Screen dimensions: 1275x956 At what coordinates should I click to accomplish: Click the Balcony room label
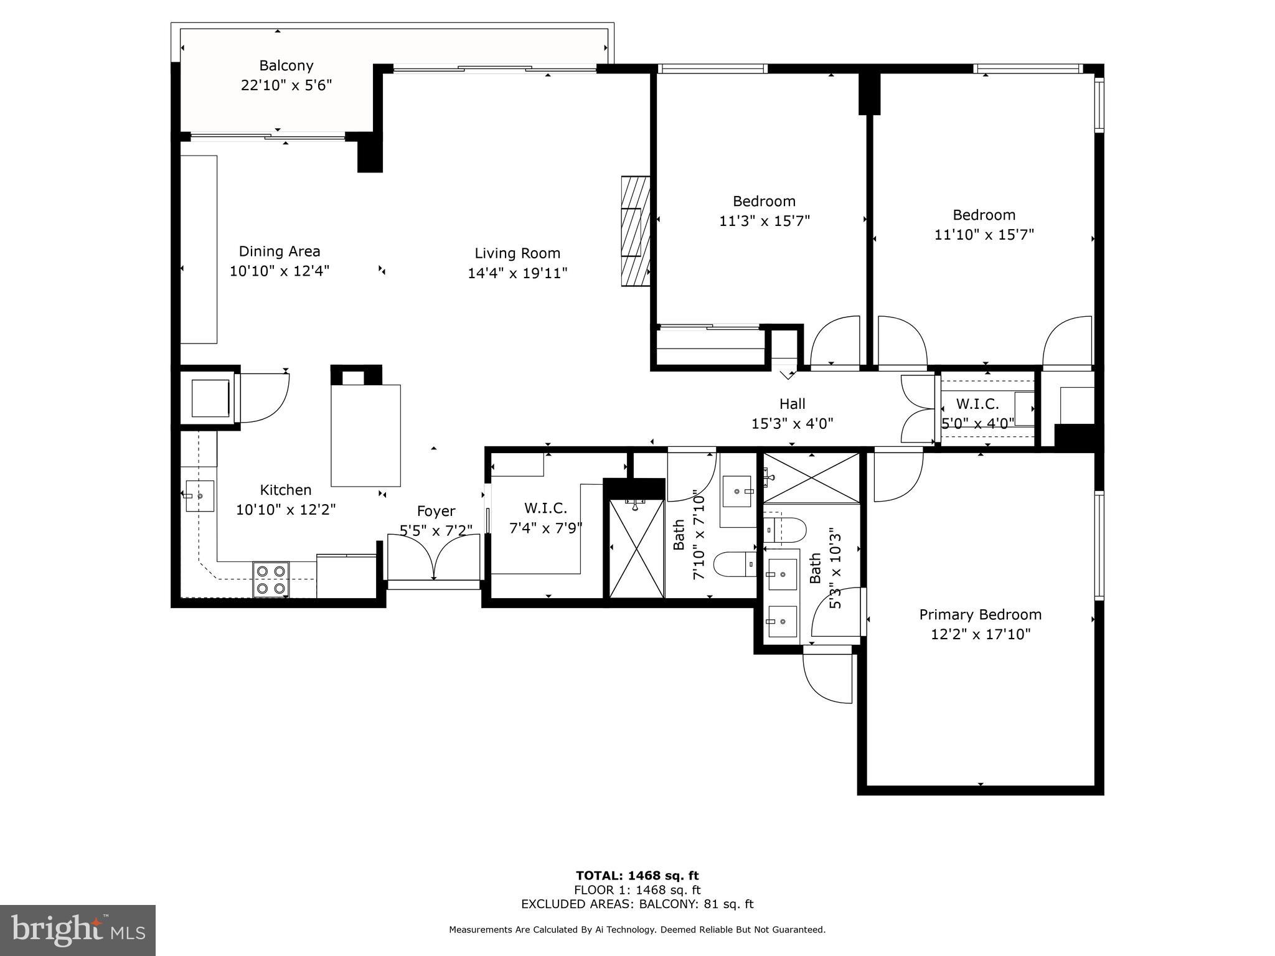coord(286,65)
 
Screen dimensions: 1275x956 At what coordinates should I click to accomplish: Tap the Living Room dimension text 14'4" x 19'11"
coord(517,273)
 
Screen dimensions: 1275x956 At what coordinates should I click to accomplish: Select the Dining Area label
coord(280,251)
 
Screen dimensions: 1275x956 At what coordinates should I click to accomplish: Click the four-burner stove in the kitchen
coord(271,579)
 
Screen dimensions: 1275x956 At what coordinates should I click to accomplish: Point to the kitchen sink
coord(200,496)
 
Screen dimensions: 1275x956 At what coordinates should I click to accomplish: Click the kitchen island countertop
coord(365,435)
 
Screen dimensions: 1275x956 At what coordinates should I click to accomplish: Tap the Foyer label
coord(436,511)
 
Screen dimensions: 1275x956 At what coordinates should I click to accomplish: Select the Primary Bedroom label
coord(981,614)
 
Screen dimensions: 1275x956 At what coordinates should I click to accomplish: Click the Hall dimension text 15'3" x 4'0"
coord(793,424)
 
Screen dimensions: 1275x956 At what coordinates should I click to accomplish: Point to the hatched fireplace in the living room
coord(636,232)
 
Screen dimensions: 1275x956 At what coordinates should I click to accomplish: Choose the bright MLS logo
coord(78,930)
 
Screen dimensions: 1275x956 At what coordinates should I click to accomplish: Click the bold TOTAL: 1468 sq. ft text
coord(637,876)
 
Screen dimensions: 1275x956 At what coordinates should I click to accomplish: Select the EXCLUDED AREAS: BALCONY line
coord(637,904)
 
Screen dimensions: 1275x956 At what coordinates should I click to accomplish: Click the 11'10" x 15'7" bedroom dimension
coord(984,235)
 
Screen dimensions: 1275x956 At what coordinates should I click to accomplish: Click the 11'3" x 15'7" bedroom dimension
coord(765,221)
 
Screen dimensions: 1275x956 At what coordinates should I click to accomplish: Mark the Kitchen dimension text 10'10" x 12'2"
coord(286,510)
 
